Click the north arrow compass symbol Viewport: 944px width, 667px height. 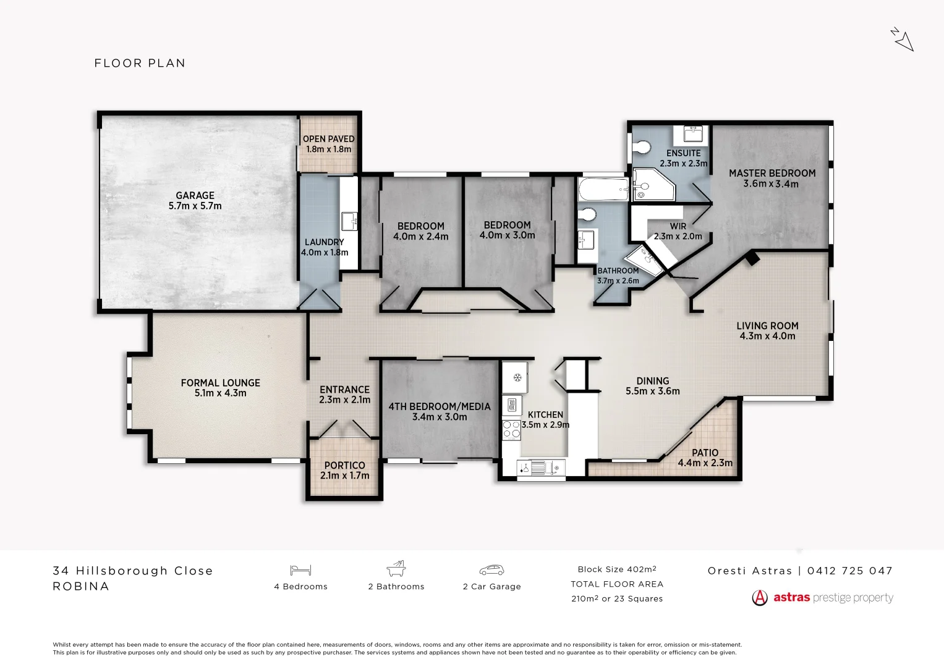[x=903, y=40]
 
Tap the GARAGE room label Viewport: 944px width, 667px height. [x=195, y=196]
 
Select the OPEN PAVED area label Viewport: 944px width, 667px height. [x=329, y=139]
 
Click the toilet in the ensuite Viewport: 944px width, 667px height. [x=642, y=148]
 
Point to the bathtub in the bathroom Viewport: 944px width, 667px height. [x=602, y=189]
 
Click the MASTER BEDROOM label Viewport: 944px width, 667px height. [x=772, y=174]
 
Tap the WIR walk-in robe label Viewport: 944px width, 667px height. [x=678, y=227]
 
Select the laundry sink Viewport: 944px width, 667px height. [x=349, y=220]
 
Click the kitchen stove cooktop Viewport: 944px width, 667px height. [x=511, y=429]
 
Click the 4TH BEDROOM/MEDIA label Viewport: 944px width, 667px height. [x=440, y=406]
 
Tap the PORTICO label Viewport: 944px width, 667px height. [x=344, y=466]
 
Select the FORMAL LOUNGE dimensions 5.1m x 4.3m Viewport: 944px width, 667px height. [x=221, y=393]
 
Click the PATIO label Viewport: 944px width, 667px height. [x=705, y=453]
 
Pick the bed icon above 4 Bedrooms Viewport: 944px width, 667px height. [x=300, y=570]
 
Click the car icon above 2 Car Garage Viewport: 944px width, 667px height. [x=491, y=570]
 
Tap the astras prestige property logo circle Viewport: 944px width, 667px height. [x=760, y=598]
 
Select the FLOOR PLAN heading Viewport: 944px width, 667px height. [x=140, y=63]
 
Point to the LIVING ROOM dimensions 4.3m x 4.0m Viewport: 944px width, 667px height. [x=767, y=337]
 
